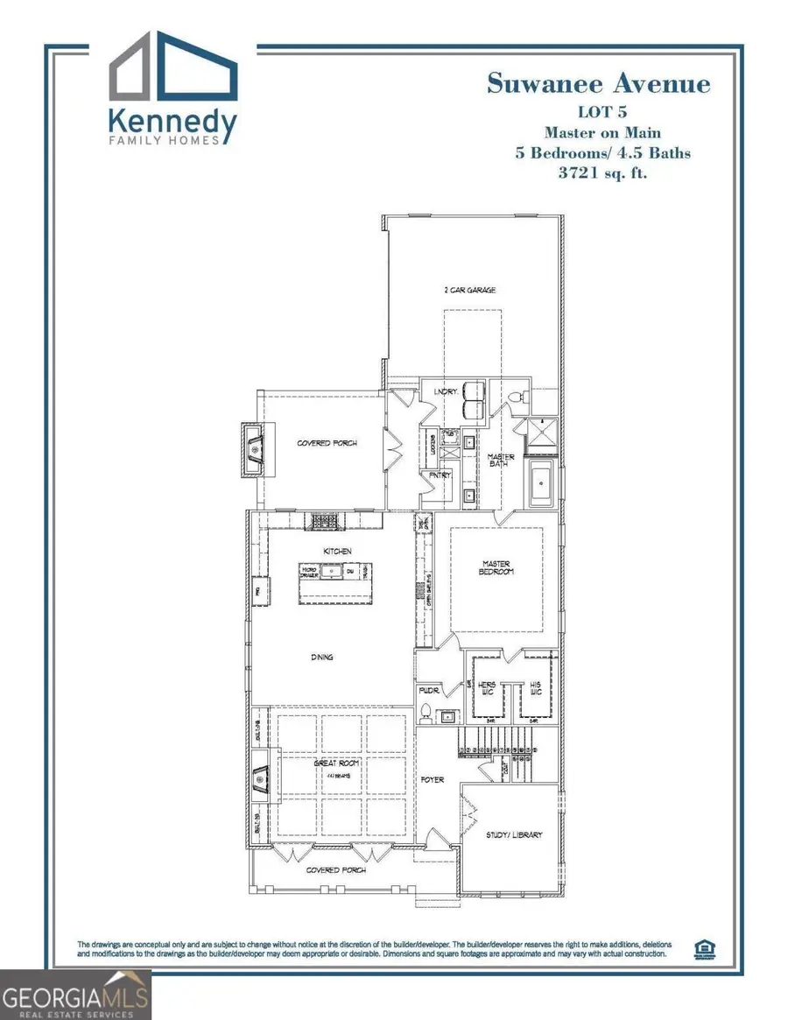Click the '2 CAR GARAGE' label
[x=471, y=290]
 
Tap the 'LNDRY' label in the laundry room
[x=445, y=391]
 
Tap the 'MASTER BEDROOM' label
[x=496, y=567]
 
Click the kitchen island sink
[x=332, y=572]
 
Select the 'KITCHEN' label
[x=336, y=551]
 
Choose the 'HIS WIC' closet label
[x=535, y=687]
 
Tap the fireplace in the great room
[x=262, y=777]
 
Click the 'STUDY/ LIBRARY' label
[x=514, y=834]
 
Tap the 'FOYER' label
[x=433, y=779]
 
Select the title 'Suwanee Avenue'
[x=598, y=85]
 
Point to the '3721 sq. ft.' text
[x=603, y=172]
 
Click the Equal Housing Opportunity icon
[x=702, y=948]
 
